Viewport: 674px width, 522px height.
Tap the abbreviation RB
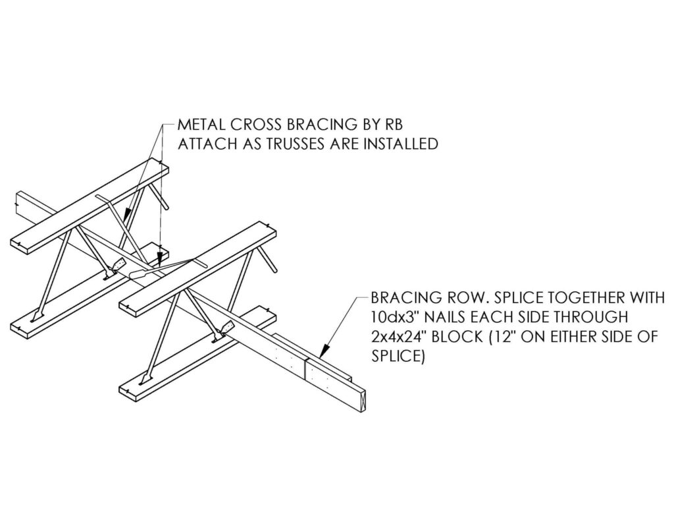click(393, 125)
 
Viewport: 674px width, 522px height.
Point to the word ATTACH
click(207, 144)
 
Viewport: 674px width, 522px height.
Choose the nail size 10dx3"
click(396, 317)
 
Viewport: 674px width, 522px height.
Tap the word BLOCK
click(457, 337)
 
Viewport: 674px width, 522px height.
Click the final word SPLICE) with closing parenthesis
click(398, 357)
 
